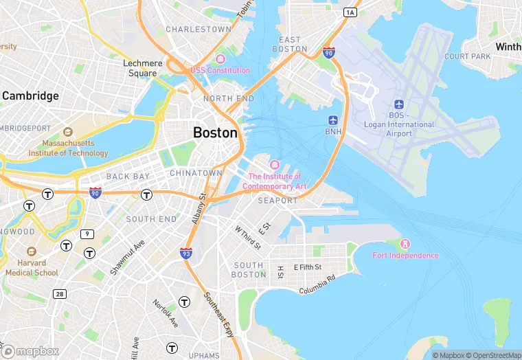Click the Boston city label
point(216,133)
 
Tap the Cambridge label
point(30,96)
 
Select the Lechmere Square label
point(143,68)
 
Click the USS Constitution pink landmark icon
point(220,58)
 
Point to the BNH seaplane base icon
point(333,120)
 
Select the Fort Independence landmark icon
point(405,244)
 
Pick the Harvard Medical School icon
point(31,252)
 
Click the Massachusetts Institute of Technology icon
point(67,132)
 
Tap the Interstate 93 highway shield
point(186,254)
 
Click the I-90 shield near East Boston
point(328,52)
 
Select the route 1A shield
point(350,12)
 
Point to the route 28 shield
point(60,294)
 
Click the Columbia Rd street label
point(317,284)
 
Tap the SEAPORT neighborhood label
point(277,201)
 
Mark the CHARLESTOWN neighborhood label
point(198,30)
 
